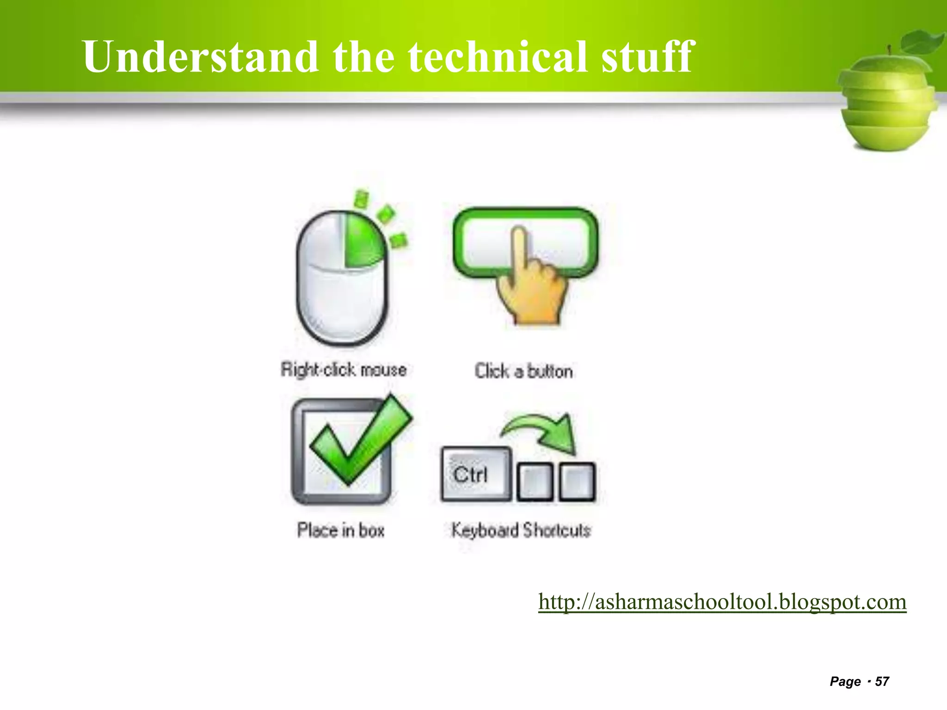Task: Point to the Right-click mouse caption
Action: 344,370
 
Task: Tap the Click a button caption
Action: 523,371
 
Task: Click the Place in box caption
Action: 341,530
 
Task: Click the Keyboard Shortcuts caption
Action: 521,530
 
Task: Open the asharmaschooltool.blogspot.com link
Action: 722,602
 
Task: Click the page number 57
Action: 882,681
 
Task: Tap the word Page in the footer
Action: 845,681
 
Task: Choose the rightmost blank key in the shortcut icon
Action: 577,482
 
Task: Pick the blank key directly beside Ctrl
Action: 535,482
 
